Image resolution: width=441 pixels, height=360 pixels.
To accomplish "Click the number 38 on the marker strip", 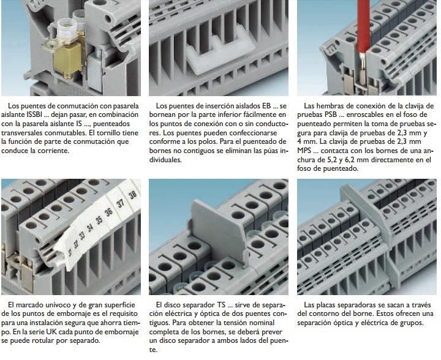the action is click(x=132, y=195).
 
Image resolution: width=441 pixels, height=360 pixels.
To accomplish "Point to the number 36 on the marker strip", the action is click(x=108, y=212).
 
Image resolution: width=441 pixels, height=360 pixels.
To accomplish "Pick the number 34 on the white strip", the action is click(x=89, y=228).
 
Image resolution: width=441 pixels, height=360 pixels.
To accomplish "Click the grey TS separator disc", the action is click(x=219, y=230).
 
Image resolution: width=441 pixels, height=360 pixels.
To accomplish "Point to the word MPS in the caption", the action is click(x=304, y=151).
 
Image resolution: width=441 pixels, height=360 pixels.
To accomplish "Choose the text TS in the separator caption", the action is click(x=221, y=305).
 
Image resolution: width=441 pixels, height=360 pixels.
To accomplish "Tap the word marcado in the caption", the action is click(x=28, y=305).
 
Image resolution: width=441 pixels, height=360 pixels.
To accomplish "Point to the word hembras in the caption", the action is click(x=329, y=106).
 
